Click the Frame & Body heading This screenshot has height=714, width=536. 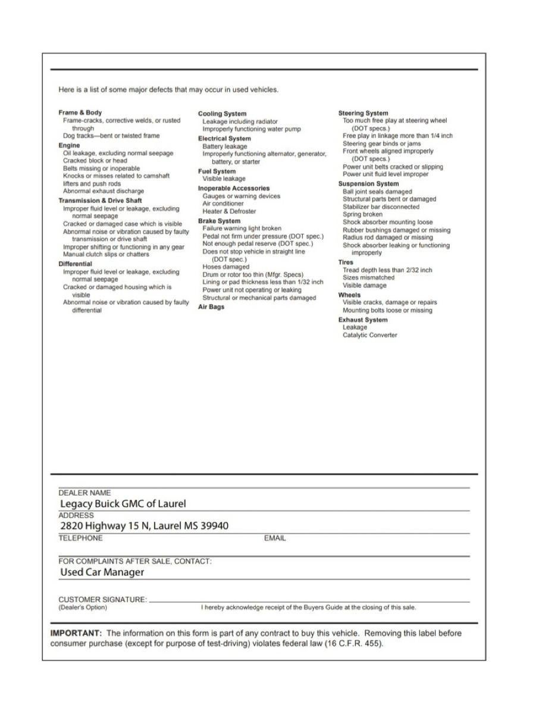(x=80, y=112)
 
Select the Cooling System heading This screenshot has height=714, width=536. (x=222, y=114)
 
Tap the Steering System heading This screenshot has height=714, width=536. (x=363, y=113)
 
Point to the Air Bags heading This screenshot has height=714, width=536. (x=211, y=307)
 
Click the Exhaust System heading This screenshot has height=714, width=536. (x=362, y=320)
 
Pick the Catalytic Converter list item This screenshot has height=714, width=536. (x=369, y=335)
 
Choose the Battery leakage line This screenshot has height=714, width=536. (x=224, y=146)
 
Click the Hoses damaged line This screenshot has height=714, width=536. (x=226, y=267)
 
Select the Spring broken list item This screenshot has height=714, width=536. (x=362, y=214)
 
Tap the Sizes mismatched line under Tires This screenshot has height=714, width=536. (x=368, y=277)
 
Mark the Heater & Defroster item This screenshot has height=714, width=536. (x=229, y=211)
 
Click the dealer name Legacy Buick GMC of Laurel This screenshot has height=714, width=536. (x=123, y=503)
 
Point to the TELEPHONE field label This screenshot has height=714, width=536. (x=80, y=538)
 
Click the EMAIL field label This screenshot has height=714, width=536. (x=275, y=538)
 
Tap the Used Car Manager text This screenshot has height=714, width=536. (x=102, y=572)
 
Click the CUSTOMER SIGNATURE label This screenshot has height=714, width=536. (x=102, y=599)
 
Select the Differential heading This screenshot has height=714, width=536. (x=75, y=264)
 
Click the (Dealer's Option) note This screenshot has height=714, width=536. (x=83, y=607)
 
